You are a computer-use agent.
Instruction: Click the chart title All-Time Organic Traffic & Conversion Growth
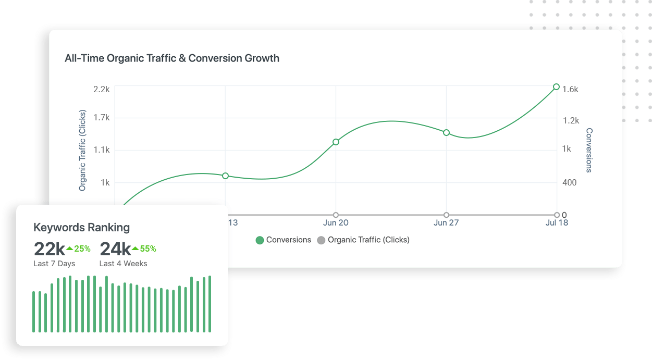[172, 58]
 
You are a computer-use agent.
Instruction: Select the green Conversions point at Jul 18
[556, 87]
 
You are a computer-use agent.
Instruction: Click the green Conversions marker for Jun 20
[336, 142]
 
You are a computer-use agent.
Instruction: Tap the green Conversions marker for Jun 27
[446, 133]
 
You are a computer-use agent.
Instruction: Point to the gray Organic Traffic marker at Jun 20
[336, 215]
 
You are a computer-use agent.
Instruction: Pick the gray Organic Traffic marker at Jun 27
[446, 215]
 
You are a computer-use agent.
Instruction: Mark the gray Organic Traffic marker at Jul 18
[556, 215]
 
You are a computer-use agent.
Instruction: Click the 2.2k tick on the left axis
[102, 89]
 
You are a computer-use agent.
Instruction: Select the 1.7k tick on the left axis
[102, 118]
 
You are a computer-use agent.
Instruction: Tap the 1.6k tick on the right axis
[570, 89]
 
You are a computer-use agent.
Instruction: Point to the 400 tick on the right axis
[570, 182]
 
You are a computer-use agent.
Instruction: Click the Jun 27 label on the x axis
[446, 223]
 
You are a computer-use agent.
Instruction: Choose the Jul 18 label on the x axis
[556, 223]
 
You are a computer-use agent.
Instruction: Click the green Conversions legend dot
[260, 240]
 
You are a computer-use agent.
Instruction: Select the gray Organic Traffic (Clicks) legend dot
[321, 240]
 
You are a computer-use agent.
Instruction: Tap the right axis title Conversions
[589, 150]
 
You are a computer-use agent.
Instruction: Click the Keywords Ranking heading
[81, 227]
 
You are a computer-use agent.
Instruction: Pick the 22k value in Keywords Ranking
[49, 249]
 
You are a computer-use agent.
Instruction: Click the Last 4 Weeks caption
[123, 264]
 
